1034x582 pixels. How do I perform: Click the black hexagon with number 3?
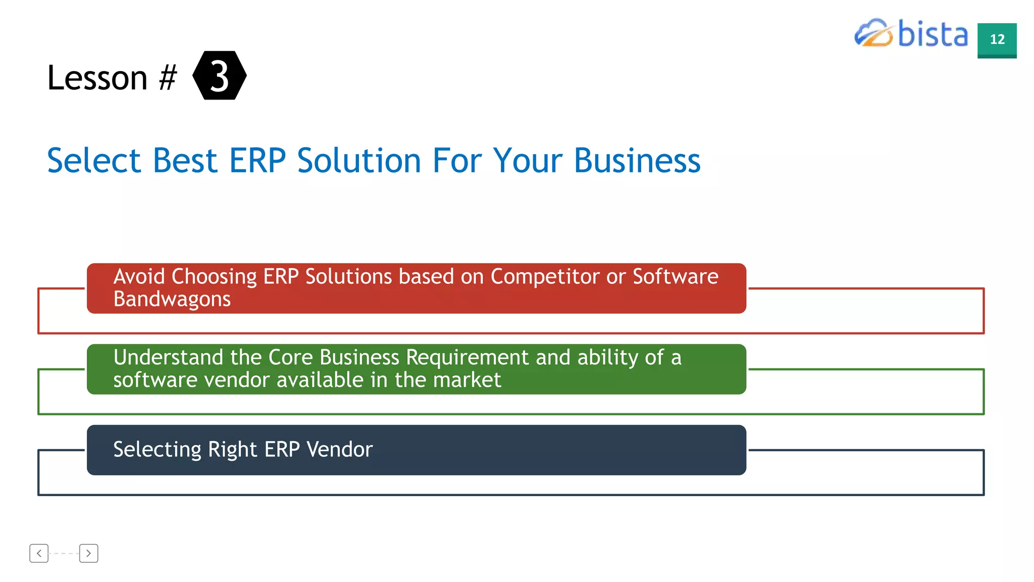pyautogui.click(x=220, y=75)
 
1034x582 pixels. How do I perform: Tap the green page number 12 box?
pyautogui.click(x=997, y=40)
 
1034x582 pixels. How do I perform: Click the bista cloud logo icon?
pyautogui.click(x=873, y=33)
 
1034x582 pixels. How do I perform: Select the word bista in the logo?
pyautogui.click(x=933, y=34)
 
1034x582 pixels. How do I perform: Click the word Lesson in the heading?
pyautogui.click(x=97, y=78)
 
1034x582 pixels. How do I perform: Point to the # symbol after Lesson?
pyautogui.click(x=168, y=78)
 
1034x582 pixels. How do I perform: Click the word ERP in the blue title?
pyautogui.click(x=257, y=161)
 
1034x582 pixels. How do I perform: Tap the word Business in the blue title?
pyautogui.click(x=637, y=161)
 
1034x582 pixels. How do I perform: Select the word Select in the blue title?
pyautogui.click(x=94, y=161)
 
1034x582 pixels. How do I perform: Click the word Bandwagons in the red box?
pyautogui.click(x=172, y=299)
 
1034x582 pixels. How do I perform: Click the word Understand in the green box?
pyautogui.click(x=168, y=357)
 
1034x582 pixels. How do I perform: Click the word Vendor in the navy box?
pyautogui.click(x=339, y=449)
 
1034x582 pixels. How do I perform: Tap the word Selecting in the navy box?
pyautogui.click(x=157, y=449)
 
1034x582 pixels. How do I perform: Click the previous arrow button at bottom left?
pyautogui.click(x=39, y=553)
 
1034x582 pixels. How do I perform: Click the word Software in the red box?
pyautogui.click(x=675, y=276)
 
